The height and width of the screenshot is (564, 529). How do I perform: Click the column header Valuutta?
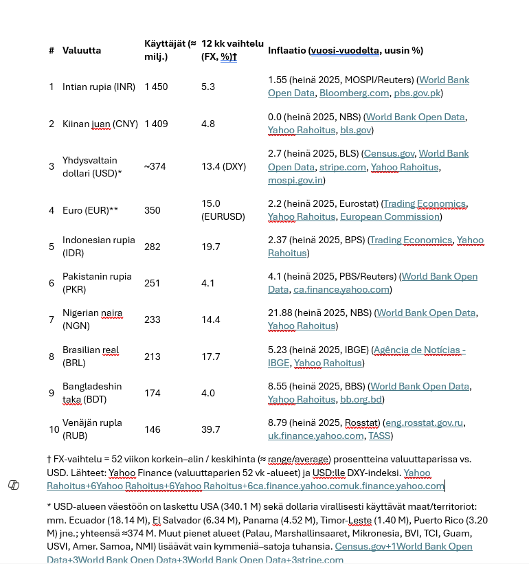click(82, 50)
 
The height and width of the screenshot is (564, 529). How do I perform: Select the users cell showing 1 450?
click(156, 87)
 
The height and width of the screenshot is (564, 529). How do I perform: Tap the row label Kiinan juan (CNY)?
click(100, 124)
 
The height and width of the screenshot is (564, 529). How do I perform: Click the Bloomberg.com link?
click(354, 93)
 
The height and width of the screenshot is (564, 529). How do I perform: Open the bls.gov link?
click(356, 130)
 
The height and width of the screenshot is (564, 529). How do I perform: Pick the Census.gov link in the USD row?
click(389, 153)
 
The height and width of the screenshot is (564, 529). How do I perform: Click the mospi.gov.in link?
click(295, 180)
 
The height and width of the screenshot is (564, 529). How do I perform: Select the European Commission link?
click(390, 216)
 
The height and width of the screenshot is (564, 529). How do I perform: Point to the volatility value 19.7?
click(210, 247)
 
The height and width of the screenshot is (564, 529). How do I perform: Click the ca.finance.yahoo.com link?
click(341, 289)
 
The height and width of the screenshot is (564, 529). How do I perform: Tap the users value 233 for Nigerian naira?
click(153, 319)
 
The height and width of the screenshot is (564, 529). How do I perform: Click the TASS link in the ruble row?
click(379, 436)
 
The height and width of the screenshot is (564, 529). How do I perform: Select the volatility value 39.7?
click(210, 429)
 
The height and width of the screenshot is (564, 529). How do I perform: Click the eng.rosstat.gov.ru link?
click(425, 423)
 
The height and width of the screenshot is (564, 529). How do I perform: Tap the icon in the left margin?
click(14, 485)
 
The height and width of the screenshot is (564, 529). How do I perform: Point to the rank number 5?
click(52, 247)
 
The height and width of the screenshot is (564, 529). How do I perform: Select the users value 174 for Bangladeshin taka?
click(153, 393)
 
